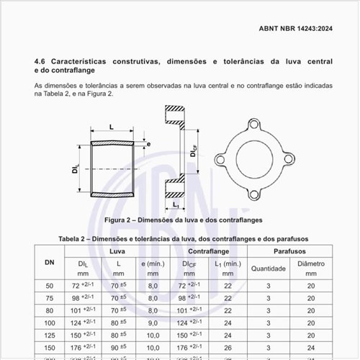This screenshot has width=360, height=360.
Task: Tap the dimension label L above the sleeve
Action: (111, 127)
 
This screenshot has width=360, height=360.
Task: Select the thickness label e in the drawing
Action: (148, 144)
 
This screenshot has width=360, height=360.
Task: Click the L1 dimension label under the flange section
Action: (176, 204)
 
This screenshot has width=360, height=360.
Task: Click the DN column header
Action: (50, 261)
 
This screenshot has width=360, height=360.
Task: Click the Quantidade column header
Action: (269, 269)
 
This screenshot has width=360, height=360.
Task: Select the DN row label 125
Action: (50, 334)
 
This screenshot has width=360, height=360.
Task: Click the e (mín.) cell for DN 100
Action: (153, 323)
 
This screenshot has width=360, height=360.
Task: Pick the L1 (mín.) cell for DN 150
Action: (228, 347)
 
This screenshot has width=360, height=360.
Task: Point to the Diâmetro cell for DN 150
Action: (312, 347)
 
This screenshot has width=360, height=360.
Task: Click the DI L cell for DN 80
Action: (85, 310)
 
